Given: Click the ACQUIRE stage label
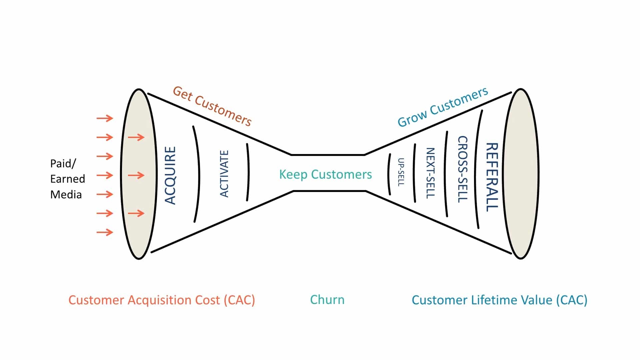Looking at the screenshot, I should coord(170,175).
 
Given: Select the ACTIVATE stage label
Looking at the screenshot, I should coord(224,174).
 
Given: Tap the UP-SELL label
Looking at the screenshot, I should coord(401,172).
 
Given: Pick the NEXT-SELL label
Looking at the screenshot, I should coord(430,173).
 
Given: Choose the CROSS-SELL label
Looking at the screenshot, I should coord(462,169).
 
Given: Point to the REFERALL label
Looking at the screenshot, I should coord(492,177).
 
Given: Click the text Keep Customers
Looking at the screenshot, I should coord(325,174).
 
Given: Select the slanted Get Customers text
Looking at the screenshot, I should coord(212,106).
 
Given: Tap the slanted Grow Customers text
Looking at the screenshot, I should coord(443,107).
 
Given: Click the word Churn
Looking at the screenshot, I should coord(327,300).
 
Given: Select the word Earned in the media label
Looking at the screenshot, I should coord(68,179).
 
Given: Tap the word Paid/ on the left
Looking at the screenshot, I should coord(63,164).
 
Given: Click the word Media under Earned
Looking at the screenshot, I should coord(66,195).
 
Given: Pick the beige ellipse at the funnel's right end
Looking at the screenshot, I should coord(520,174).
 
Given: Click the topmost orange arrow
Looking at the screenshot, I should coord(105,118).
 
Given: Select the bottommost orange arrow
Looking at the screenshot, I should coord(105,232).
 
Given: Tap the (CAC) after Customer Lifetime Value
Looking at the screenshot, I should coord(571,300).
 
